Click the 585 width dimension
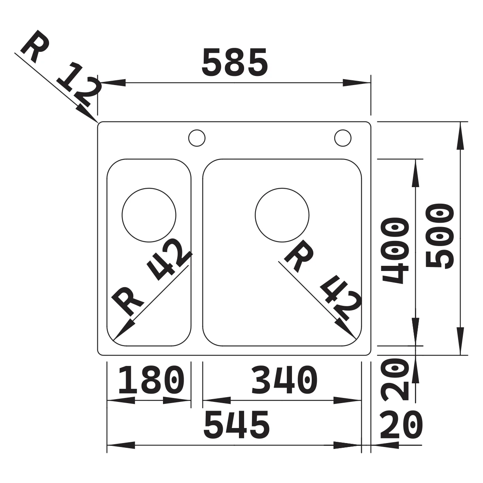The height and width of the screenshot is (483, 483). [235, 62]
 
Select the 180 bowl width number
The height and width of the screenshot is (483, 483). [152, 380]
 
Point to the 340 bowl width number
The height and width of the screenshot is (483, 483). [284, 380]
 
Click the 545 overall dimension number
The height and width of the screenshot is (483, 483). [237, 424]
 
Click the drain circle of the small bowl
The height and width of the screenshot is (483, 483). [149, 215]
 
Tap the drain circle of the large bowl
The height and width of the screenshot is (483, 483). [282, 215]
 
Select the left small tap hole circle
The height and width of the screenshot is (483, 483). [197, 138]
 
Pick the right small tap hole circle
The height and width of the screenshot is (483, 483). [343, 138]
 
